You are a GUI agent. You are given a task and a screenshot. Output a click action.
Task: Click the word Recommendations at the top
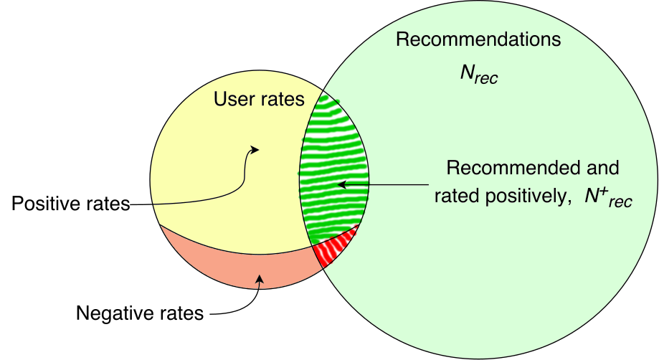[478, 39]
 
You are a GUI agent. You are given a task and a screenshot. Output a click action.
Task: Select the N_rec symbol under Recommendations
[479, 74]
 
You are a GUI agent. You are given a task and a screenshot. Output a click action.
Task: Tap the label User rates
[259, 99]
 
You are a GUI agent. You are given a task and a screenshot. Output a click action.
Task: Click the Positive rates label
[70, 204]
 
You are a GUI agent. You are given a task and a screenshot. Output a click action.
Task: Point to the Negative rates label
[140, 313]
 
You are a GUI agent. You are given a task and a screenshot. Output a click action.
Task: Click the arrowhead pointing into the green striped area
[342, 184]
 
